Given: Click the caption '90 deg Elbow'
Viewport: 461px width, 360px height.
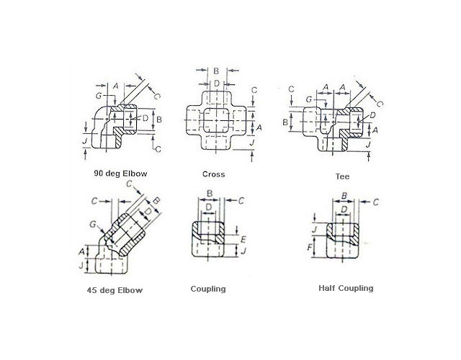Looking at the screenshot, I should click(119, 174).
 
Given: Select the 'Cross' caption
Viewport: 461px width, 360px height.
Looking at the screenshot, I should click(213, 174).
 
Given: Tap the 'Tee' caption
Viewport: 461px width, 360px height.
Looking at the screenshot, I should click(342, 176).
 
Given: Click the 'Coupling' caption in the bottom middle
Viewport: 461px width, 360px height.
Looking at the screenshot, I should click(208, 289).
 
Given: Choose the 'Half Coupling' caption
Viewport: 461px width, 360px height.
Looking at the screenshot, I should click(346, 288).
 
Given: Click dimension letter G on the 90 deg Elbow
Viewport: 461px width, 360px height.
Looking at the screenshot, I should click(98, 95).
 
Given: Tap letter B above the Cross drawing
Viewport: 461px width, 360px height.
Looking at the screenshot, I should click(215, 71).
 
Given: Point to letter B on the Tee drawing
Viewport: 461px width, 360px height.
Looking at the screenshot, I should click(285, 122).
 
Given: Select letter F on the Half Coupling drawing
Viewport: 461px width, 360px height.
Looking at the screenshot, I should click(310, 247).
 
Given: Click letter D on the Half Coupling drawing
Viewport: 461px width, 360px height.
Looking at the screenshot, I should click(344, 209).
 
